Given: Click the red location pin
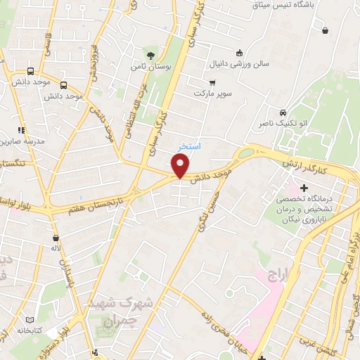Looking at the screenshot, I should [x=181, y=166].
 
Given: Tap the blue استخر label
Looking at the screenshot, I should [x=190, y=147].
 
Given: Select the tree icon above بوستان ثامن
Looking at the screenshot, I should [x=150, y=55].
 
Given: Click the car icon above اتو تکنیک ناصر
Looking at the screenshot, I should [x=282, y=112].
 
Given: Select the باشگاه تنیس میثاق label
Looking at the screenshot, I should [x=288, y=5].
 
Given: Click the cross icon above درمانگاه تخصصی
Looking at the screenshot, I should [x=304, y=188].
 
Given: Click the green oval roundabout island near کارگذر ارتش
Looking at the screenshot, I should [x=245, y=153].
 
